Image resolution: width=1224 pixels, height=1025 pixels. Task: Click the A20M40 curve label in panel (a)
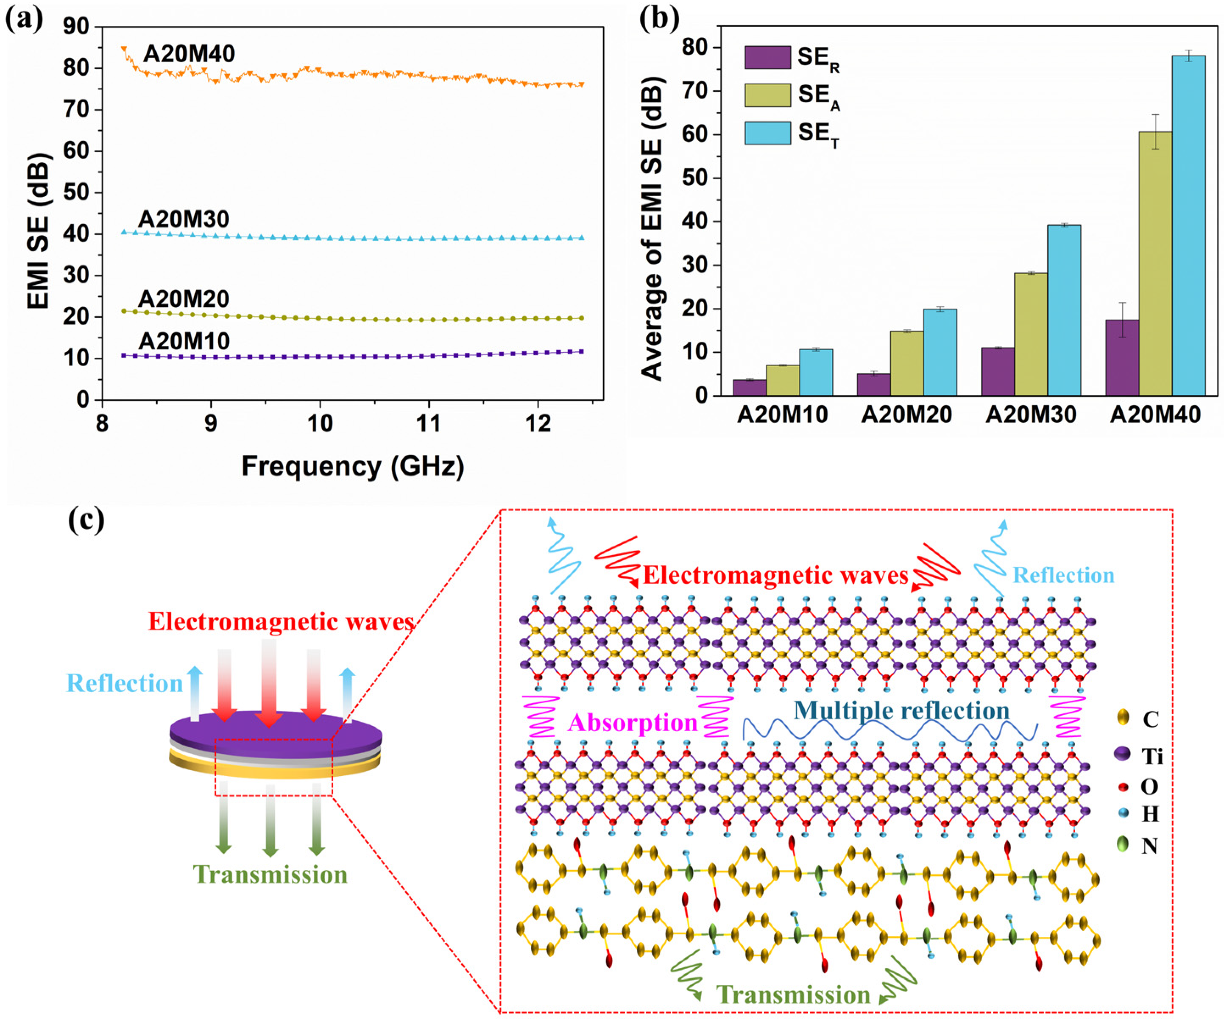pos(189,53)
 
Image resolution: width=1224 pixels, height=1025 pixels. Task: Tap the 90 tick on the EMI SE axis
pos(76,26)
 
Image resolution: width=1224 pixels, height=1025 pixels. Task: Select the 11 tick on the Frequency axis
pos(429,423)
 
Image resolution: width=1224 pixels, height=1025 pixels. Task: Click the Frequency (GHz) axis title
pos(353,466)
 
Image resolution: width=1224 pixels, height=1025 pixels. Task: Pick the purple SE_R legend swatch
pos(767,58)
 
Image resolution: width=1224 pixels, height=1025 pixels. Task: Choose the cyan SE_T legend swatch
pos(767,133)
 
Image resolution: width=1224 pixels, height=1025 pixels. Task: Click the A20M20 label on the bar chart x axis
pos(906,415)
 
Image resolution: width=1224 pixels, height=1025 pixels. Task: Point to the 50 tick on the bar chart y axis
pos(694,178)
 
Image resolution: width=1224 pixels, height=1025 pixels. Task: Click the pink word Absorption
pos(633,723)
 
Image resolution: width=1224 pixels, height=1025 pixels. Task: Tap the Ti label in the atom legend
pos(1151,756)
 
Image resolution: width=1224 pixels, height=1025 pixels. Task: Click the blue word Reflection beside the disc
pos(125,683)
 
